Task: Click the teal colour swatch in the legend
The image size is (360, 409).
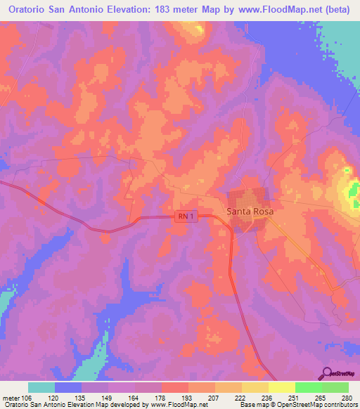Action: pos(41,387)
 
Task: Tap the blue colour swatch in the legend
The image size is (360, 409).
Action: pos(68,387)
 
